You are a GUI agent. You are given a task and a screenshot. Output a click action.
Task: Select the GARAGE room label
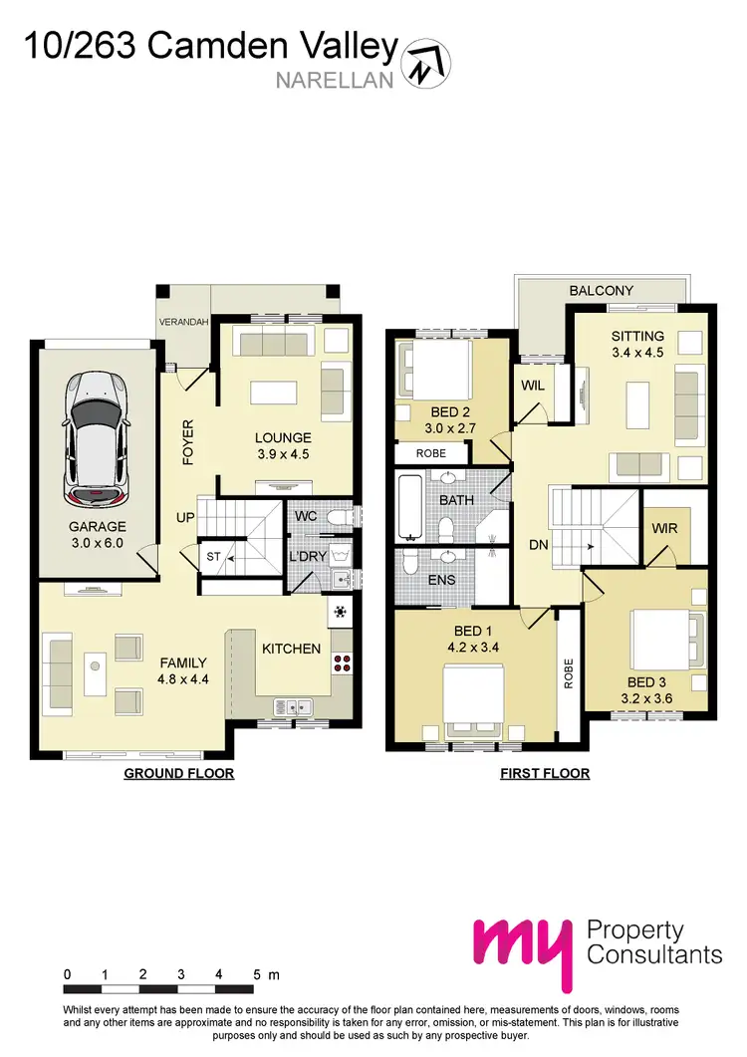pyautogui.click(x=97, y=527)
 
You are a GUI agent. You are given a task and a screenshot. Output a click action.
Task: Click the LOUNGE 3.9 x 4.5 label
pyautogui.click(x=283, y=445)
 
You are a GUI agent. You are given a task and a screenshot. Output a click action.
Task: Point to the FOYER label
pyautogui.click(x=187, y=443)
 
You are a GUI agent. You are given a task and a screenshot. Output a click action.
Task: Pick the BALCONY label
pyautogui.click(x=601, y=290)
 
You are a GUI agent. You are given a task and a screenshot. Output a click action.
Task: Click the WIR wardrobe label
pyautogui.click(x=664, y=527)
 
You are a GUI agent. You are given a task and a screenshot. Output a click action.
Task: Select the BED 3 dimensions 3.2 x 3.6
pyautogui.click(x=648, y=699)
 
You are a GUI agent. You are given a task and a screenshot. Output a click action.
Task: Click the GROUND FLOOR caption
pyautogui.click(x=178, y=773)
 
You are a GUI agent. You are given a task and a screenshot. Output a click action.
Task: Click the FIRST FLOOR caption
pyautogui.click(x=545, y=773)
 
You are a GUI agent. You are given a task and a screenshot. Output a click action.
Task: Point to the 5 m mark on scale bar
pyautogui.click(x=257, y=974)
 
